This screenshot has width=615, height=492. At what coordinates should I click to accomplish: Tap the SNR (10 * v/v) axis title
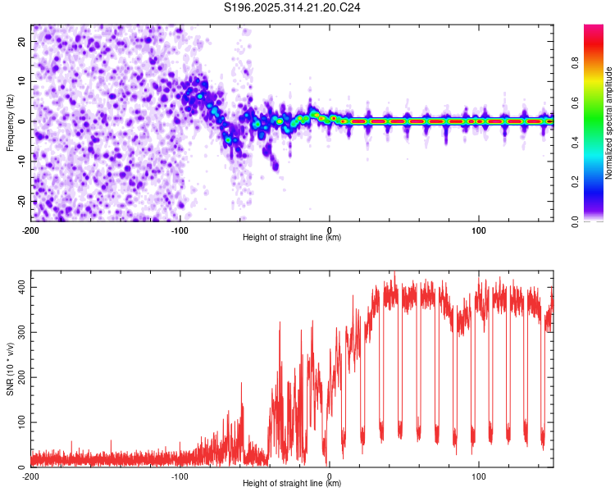coord(10,370)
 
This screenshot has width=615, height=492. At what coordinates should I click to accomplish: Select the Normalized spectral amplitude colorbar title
coord(608,123)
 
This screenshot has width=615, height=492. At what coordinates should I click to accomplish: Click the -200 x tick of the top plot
coord(31,229)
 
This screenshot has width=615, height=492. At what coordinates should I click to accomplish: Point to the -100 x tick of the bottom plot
coord(180,476)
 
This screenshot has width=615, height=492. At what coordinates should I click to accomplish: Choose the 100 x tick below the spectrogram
coord(478,229)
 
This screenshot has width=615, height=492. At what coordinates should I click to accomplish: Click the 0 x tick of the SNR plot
coord(329,476)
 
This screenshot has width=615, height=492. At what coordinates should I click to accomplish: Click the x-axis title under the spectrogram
coord(292,238)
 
